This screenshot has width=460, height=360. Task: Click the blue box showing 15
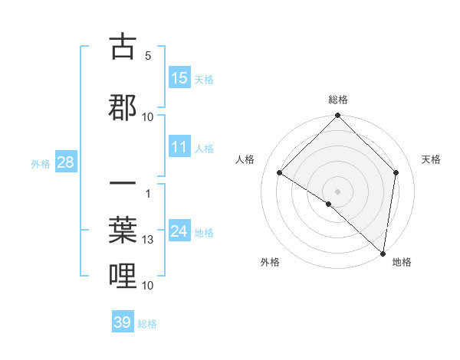click(179, 78)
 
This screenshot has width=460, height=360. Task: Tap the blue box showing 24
click(179, 231)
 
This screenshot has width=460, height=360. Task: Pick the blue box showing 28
click(65, 162)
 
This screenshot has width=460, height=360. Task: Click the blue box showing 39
click(122, 322)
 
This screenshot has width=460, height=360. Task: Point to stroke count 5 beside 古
click(147, 56)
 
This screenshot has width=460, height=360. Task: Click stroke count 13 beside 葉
click(148, 240)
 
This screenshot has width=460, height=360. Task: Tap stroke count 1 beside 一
click(147, 193)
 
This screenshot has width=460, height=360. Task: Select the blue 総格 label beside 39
click(147, 324)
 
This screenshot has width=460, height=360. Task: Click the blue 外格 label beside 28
click(41, 163)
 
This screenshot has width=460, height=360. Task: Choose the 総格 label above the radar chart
click(337, 100)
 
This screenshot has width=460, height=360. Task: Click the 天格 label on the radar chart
click(432, 159)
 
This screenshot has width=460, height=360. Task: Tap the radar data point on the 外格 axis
click(329, 204)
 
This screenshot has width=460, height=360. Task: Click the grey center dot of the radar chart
click(337, 191)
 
